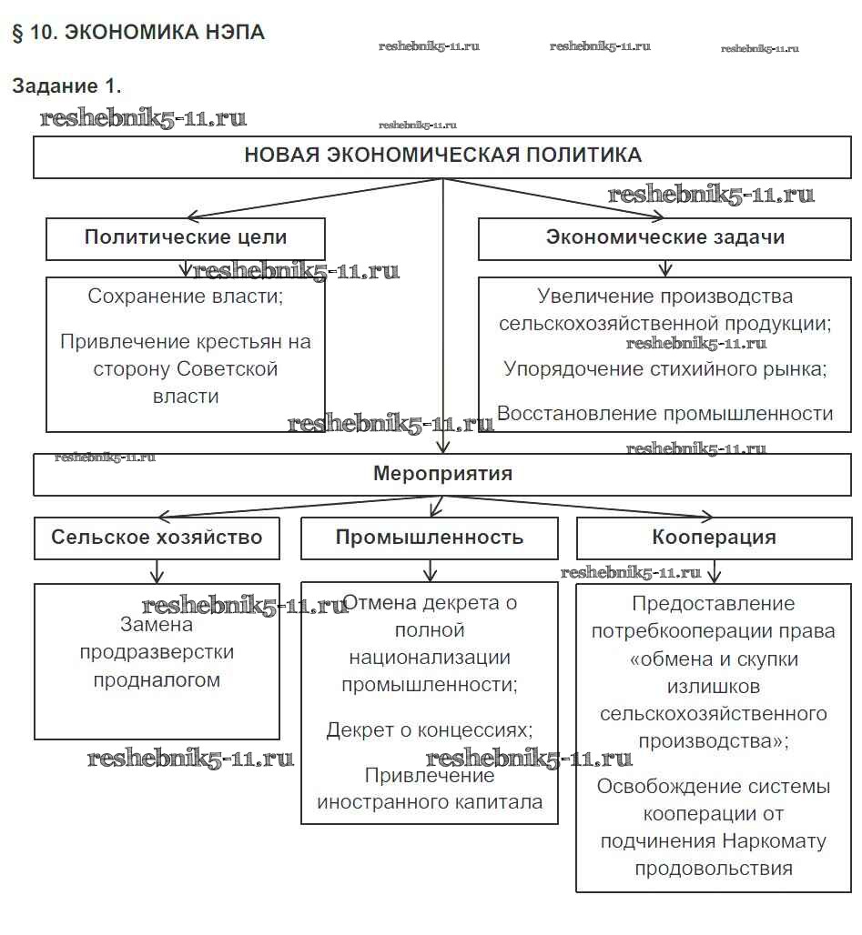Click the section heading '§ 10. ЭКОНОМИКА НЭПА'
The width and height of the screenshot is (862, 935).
point(138,33)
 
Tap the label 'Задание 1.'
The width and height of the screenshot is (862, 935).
point(66,86)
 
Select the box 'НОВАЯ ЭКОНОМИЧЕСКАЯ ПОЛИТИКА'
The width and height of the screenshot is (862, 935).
point(442,156)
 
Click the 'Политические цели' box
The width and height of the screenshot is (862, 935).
point(186,238)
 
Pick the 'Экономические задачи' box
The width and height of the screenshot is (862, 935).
point(665,238)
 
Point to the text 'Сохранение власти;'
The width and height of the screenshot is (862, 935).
point(186,297)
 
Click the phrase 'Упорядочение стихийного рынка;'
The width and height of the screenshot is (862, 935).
point(665,369)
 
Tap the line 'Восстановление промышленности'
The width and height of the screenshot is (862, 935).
point(665,414)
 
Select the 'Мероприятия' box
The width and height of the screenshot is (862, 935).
point(442,474)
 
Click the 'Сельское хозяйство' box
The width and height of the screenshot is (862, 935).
point(157,537)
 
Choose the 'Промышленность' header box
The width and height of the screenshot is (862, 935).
point(430,537)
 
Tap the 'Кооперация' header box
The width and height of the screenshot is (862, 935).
point(714,537)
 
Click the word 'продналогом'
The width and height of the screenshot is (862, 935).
point(157,680)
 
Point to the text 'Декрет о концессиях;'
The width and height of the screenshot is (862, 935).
point(430,730)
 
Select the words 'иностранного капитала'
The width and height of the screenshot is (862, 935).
point(430,802)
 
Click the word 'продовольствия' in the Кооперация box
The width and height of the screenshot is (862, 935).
point(714,868)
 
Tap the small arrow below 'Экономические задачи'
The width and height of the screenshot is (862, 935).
point(666,269)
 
